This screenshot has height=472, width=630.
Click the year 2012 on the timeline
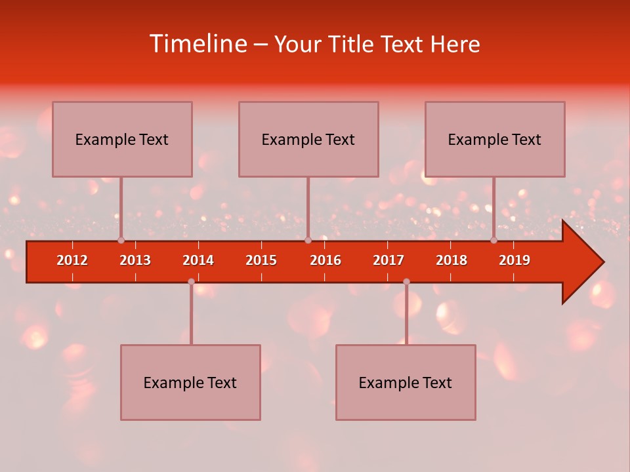[72, 260]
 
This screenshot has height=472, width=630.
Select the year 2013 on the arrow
[135, 260]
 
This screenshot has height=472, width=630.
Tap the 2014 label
[198, 260]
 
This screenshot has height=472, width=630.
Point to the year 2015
[261, 260]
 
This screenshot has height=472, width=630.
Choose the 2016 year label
[325, 260]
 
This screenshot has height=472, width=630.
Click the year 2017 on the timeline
[388, 260]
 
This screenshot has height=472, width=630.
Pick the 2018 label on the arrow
[451, 260]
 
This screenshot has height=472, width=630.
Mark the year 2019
[514, 260]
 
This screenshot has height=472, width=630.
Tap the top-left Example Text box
[122, 139]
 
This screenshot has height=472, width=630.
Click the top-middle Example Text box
[308, 139]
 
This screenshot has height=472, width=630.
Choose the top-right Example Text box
[495, 139]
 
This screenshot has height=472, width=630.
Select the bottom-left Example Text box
[190, 382]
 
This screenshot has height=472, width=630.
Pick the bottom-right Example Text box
[406, 382]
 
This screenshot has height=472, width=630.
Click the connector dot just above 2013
[121, 240]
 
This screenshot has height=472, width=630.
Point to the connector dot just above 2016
[308, 240]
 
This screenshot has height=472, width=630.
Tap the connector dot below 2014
[191, 281]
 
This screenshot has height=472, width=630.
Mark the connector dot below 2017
[406, 281]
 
